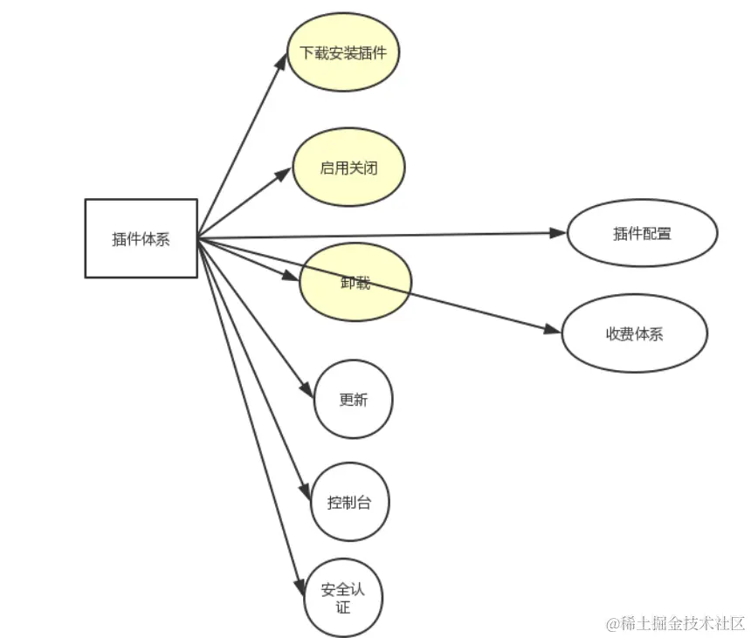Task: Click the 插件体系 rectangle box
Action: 141,238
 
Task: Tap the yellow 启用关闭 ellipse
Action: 348,168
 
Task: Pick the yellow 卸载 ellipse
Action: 355,283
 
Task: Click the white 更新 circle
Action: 354,400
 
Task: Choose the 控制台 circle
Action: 349,502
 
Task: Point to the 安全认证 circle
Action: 343,598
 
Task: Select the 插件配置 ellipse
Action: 642,233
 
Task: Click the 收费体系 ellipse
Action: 634,333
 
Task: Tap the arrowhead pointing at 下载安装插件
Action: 282,60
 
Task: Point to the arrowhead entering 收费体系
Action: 553,330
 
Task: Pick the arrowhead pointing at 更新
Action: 307,392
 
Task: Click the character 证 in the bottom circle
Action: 343,607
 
